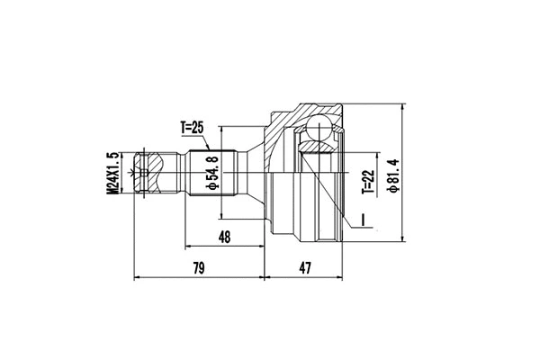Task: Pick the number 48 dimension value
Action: [225, 237]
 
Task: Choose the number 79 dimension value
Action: [200, 268]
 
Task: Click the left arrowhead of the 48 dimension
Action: [189, 245]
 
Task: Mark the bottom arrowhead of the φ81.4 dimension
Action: [406, 238]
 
